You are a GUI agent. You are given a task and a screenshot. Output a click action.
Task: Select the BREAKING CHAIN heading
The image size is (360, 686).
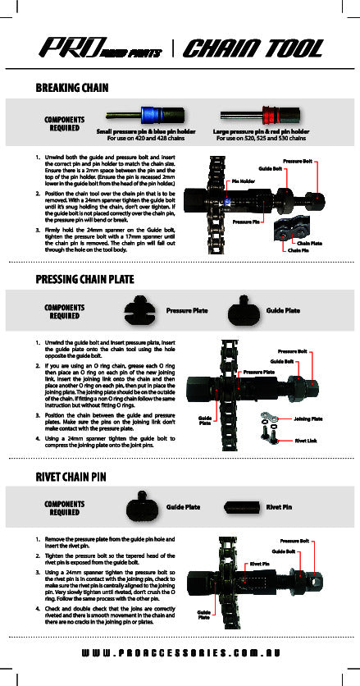coord(73,87)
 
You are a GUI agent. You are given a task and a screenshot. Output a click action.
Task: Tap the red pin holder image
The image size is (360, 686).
coord(261,116)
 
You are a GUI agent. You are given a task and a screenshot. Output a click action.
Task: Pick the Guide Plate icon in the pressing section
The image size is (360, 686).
coord(243,312)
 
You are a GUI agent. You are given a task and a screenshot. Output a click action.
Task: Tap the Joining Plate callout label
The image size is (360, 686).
coord(308,418)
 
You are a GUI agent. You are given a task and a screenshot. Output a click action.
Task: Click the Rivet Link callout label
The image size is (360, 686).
coord(307,440)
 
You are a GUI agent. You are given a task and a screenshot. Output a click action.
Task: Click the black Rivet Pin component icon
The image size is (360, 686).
coord(242,506)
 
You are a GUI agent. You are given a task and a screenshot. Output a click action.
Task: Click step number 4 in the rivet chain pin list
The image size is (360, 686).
coord(39,607)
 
